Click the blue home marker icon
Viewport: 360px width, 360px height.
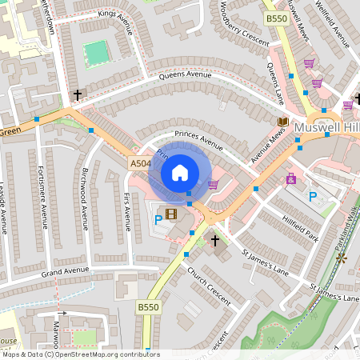point(180,172)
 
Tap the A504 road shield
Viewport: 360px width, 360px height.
point(140,163)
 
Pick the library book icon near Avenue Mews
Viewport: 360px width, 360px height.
point(282,122)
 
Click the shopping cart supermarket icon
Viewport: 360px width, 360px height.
point(213,184)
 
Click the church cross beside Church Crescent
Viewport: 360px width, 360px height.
point(214,240)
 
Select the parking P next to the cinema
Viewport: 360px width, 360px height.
point(158,219)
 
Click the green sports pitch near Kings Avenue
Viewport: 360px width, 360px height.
point(96,53)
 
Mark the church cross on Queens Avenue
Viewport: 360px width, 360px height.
point(78,95)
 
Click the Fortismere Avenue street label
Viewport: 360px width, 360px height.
point(42,195)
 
